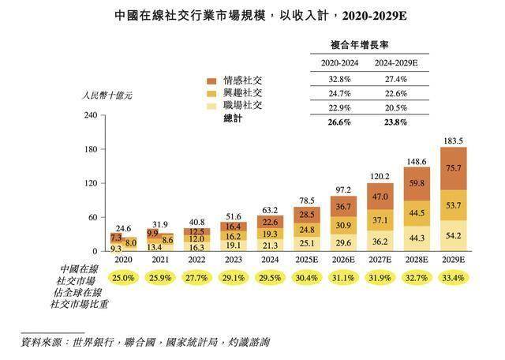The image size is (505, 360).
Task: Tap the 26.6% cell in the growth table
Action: (340, 122)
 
